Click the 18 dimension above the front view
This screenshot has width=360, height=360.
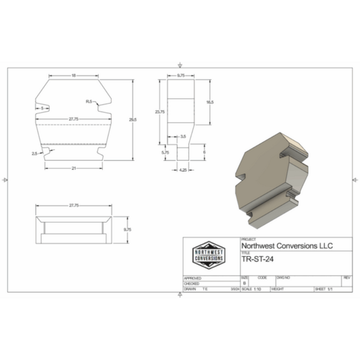pos(74,76)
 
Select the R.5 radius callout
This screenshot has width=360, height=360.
pos(89,102)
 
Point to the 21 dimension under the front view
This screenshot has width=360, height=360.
pos(74,168)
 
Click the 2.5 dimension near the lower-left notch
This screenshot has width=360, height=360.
pos(34,153)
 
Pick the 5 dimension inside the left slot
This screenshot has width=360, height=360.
pos(41,108)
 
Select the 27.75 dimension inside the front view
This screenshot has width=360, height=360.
pos(74,119)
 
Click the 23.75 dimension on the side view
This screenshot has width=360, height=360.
pos(160,112)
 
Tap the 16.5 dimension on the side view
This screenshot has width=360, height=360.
pos(209,102)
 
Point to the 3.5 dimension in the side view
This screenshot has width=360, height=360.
pos(183,136)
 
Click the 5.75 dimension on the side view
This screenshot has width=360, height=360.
pos(165,152)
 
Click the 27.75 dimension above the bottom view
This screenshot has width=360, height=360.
pos(74,206)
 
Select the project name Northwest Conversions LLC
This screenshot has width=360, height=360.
pos(286,246)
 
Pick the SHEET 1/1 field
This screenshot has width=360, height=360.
pos(325,290)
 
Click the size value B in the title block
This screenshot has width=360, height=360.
pos(244,283)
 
